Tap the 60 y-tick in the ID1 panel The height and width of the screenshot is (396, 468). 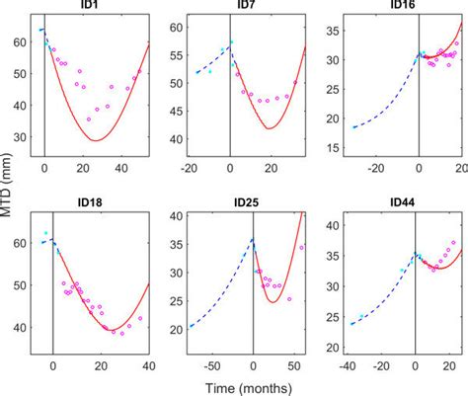22,41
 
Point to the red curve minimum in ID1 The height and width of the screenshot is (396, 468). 95,140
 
